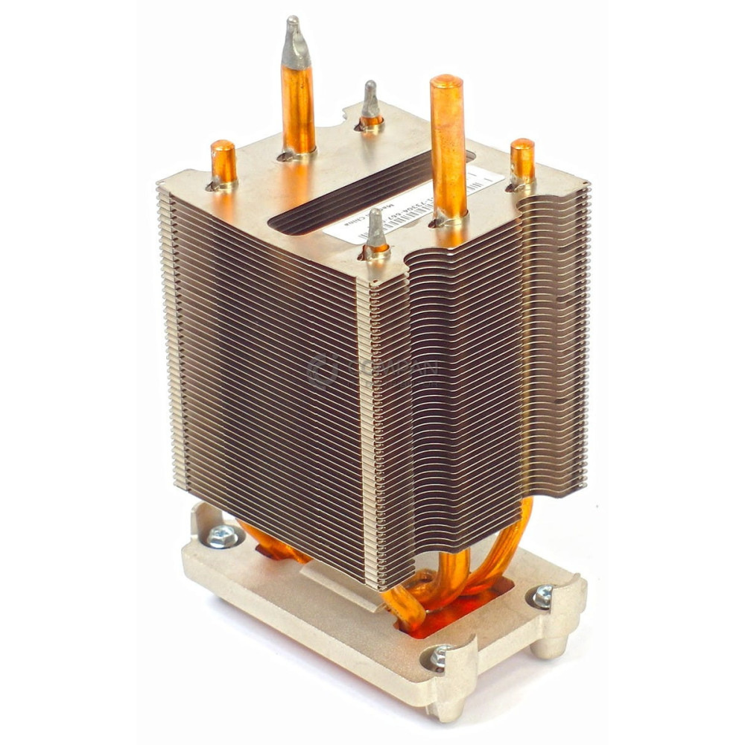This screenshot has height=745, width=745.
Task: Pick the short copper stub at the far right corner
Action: [522, 161]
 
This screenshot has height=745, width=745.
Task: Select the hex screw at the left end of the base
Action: [222, 536]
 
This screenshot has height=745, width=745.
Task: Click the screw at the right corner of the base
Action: [542, 595]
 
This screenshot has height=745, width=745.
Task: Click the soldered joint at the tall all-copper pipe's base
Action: [449, 217]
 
